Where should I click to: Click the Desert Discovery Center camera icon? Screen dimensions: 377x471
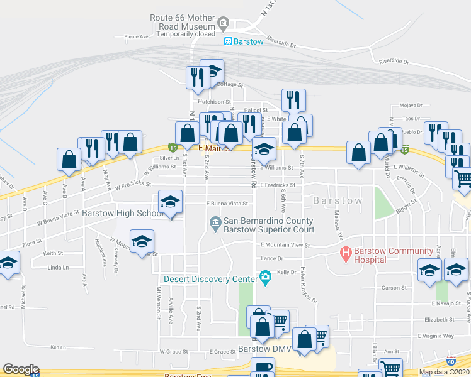[265, 278]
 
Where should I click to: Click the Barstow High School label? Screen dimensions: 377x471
[123, 213]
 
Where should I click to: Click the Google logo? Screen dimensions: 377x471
[21, 370]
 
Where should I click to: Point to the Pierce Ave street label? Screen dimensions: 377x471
[136, 36]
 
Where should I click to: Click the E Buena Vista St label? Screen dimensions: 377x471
[227, 204]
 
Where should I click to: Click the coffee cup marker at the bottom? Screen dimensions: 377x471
[263, 368]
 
